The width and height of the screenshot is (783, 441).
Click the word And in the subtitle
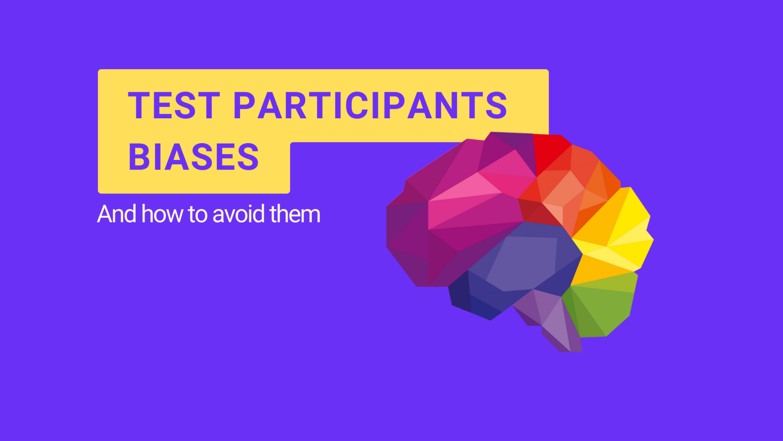pyautogui.click(x=117, y=214)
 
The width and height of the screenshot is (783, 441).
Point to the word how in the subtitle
pyautogui.click(x=162, y=214)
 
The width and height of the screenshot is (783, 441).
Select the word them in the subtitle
pyautogui.click(x=295, y=214)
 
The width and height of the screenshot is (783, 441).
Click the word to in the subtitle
pyautogui.click(x=198, y=214)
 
